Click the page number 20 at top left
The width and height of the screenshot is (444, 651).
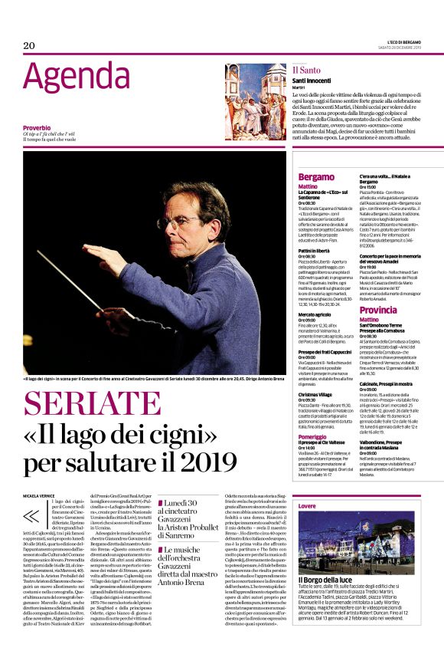(x=29, y=45)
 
